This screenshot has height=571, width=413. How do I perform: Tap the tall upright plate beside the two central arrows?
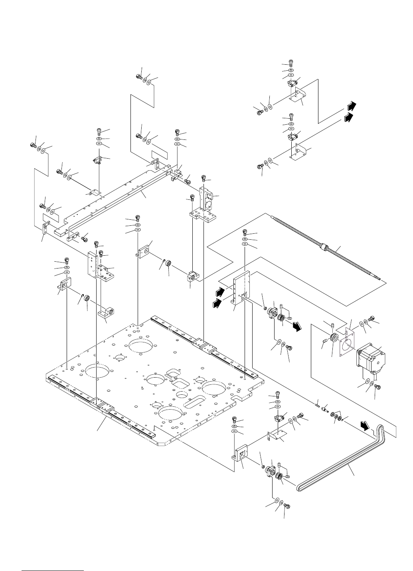pos(242,289)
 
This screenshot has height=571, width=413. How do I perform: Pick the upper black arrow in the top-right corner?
pos(350,106)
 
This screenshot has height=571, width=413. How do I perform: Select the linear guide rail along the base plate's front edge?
pos(100,408)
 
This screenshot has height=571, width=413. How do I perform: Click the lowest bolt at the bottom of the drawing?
pos(286,507)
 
